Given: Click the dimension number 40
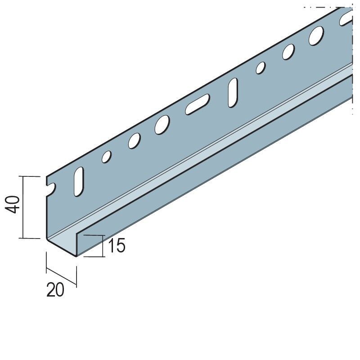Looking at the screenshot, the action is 13,205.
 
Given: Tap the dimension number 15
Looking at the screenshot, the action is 117,245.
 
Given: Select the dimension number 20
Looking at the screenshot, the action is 55,290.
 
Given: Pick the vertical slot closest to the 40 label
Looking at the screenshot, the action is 79,182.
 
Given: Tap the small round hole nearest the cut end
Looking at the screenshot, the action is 107,157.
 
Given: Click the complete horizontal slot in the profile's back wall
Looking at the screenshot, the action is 198,104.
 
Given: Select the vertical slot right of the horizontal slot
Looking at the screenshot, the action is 233,93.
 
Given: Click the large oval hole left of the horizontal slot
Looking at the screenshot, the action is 162,125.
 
